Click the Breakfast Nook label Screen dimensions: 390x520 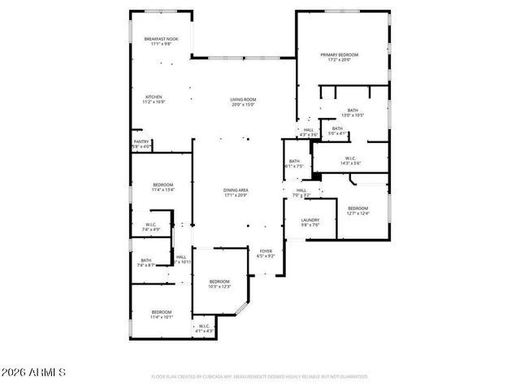[x=160, y=41]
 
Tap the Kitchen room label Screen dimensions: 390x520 [x=154, y=100]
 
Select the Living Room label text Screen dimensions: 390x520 [x=243, y=102]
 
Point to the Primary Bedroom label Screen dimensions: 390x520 [x=339, y=57]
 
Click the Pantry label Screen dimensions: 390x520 [x=141, y=144]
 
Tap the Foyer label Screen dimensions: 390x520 [x=266, y=253]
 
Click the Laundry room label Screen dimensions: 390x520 [x=310, y=222]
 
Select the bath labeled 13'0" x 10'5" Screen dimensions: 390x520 [x=353, y=112]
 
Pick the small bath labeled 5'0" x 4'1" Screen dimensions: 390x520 [x=336, y=131]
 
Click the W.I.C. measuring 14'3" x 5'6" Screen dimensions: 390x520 [x=351, y=161]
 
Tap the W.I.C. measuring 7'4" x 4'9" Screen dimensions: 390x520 [x=152, y=227]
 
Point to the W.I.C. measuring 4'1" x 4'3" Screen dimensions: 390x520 [x=204, y=329]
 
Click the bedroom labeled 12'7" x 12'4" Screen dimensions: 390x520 [x=358, y=210]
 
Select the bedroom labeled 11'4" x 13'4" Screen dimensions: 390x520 [x=162, y=187]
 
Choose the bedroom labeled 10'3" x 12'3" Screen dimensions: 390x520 [x=219, y=284]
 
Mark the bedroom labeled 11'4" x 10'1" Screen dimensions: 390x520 [x=161, y=314]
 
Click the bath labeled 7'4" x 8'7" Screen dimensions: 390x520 [x=145, y=263]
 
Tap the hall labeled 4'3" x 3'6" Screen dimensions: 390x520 [x=309, y=132]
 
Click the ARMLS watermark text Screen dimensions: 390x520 [x=33, y=372]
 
